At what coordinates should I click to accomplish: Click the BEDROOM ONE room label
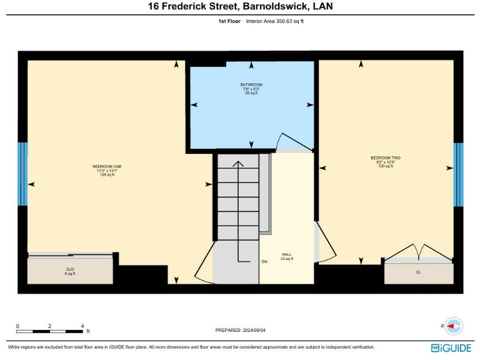[107, 167]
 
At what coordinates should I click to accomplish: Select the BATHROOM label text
[251, 84]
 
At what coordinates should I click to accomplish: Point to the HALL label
[287, 254]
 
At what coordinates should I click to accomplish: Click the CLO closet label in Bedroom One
[70, 269]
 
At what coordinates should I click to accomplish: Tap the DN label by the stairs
[265, 262]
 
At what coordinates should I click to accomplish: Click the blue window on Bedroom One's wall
[22, 174]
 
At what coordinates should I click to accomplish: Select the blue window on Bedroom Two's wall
[458, 174]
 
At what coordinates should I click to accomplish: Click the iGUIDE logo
[451, 347]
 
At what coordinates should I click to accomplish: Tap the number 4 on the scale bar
[82, 326]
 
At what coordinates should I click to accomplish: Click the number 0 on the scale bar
[17, 326]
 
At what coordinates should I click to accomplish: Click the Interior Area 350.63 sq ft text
[275, 21]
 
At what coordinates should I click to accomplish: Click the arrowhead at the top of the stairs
[237, 164]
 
